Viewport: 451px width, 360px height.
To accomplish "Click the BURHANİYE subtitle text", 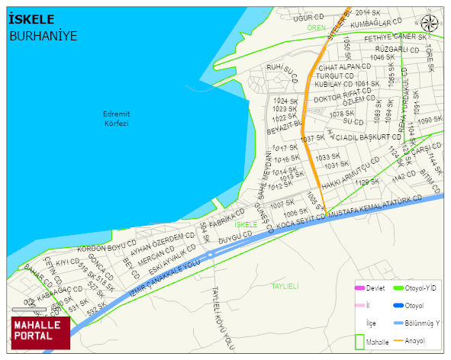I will tap(43, 36).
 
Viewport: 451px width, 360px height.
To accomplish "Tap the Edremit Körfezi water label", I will tap(116, 118).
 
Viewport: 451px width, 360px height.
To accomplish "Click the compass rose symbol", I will tap(430, 23).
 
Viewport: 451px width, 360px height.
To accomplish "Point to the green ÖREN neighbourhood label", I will tap(316, 27).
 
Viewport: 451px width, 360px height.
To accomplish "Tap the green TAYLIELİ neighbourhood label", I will tap(285, 285).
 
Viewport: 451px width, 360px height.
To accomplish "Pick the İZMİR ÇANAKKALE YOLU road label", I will tap(163, 276).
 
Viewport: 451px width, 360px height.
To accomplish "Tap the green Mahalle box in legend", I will tap(360, 342).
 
